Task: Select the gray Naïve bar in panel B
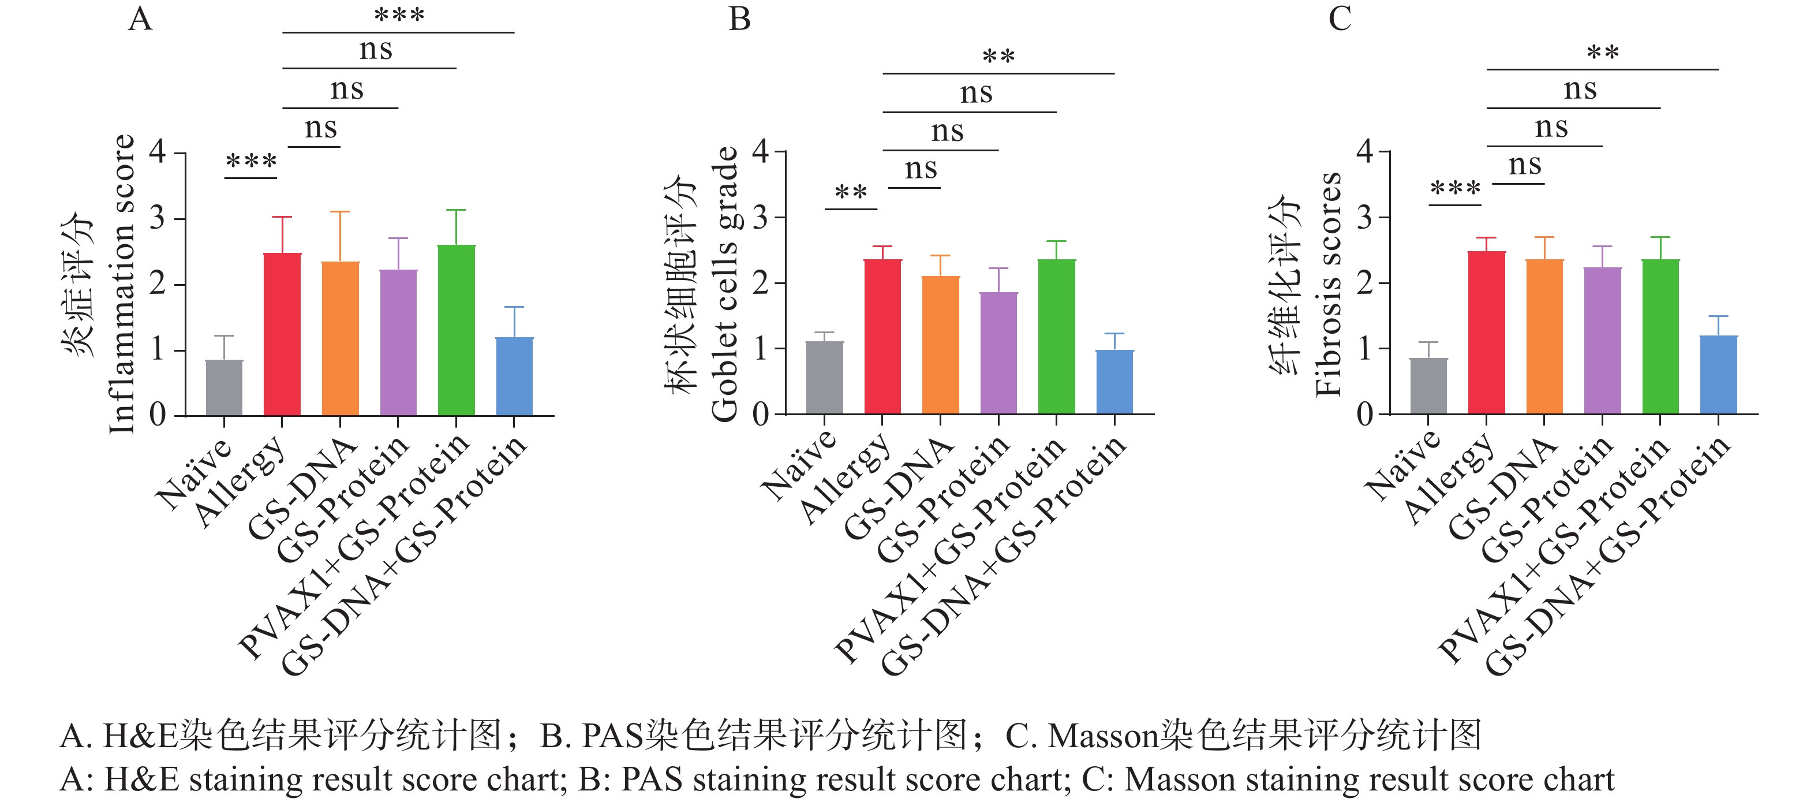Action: point(824,378)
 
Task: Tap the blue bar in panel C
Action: point(1719,375)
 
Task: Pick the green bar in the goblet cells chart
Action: point(1057,337)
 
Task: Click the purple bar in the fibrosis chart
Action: point(1603,341)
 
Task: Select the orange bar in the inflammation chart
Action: point(340,339)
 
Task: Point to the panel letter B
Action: point(740,19)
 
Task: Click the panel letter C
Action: point(1340,19)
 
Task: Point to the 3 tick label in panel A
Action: point(158,218)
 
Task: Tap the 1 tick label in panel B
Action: point(760,349)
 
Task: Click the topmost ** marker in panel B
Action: point(998,57)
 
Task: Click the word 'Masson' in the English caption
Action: point(1179,780)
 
